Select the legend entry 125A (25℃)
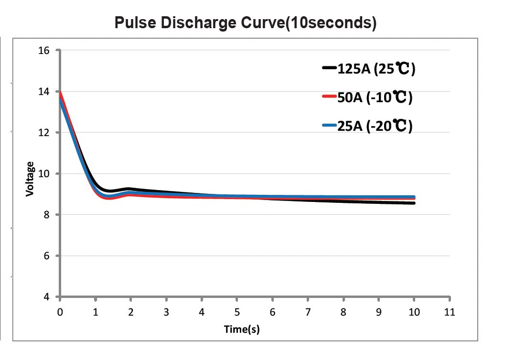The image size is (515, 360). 376,69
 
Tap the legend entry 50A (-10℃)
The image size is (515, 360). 375,98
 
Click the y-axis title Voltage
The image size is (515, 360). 30,179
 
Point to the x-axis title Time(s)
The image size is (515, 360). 242,329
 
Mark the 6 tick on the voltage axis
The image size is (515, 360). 47,256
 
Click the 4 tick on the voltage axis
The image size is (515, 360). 47,297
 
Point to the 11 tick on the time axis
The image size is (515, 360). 450,313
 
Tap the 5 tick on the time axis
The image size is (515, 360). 237,313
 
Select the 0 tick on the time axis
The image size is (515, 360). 60,313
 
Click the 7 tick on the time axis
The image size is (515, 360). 308,313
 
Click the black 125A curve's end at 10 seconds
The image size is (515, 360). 414,203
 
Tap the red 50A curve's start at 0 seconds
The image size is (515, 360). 60,93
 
